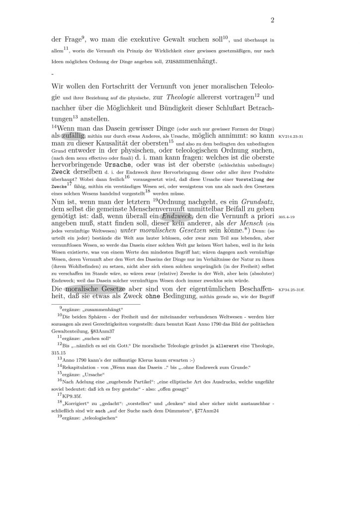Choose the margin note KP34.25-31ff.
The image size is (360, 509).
click(x=292, y=288)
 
